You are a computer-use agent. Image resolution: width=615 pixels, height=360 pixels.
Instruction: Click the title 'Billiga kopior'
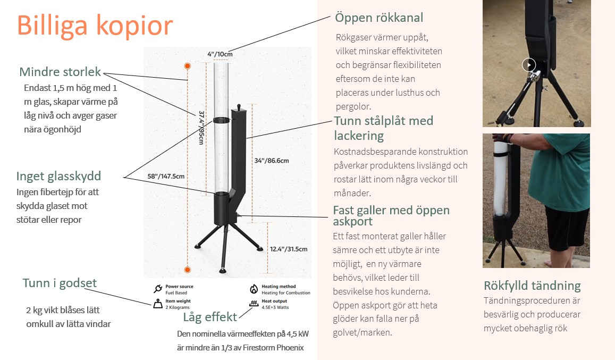pyautogui.click(x=95, y=25)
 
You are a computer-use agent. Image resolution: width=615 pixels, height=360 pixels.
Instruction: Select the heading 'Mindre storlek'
pyautogui.click(x=60, y=72)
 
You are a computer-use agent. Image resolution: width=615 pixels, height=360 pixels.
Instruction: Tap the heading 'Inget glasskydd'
pyautogui.click(x=58, y=176)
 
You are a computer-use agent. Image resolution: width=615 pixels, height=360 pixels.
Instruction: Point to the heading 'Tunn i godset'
pyautogui.click(x=60, y=283)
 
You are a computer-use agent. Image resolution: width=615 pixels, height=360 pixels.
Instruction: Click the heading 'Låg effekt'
pyautogui.click(x=210, y=317)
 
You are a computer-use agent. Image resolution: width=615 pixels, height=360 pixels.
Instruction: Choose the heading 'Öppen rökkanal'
pyautogui.click(x=379, y=18)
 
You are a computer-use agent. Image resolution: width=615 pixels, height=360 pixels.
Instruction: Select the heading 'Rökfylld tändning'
pyautogui.click(x=532, y=286)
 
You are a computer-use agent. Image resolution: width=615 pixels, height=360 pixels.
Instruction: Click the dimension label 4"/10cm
pyautogui.click(x=220, y=54)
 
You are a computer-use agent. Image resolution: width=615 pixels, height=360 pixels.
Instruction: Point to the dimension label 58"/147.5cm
pyautogui.click(x=166, y=177)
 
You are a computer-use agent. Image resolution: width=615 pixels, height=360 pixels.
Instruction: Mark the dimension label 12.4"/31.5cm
pyautogui.click(x=289, y=249)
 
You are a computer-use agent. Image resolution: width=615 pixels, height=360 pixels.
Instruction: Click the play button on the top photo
pyautogui.click(x=528, y=65)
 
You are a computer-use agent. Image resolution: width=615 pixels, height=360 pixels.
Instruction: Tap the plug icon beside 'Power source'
pyautogui.click(x=157, y=289)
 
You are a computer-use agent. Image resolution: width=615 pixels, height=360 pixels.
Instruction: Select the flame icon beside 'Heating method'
pyautogui.click(x=254, y=289)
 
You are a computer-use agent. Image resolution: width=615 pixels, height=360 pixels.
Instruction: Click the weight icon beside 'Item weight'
pyautogui.click(x=157, y=304)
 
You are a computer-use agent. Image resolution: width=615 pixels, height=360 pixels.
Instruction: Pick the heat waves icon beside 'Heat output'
pyautogui.click(x=254, y=304)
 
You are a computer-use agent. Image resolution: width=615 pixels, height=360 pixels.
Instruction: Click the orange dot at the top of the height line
pyautogui.click(x=187, y=65)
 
